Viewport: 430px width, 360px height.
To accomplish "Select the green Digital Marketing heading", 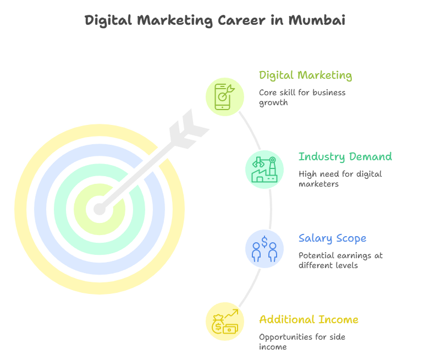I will click(x=305, y=75).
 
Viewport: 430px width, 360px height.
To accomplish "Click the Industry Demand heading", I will click(x=345, y=157).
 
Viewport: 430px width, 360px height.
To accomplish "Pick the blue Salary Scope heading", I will click(x=332, y=238).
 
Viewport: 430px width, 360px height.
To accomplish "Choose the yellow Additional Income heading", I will click(x=308, y=320).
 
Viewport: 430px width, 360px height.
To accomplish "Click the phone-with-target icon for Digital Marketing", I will click(x=224, y=96).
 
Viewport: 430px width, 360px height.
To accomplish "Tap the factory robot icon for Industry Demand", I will click(x=264, y=170).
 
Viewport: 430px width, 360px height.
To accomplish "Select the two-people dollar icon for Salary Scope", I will click(x=264, y=249).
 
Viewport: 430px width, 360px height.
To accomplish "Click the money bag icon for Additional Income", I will click(x=224, y=322).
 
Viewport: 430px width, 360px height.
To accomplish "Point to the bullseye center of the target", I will click(x=99, y=209).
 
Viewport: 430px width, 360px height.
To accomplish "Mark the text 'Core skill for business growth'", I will click(x=302, y=97).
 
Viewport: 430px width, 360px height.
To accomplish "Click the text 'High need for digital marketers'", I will click(x=340, y=179).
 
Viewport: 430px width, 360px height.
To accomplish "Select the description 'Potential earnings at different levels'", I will click(x=340, y=260).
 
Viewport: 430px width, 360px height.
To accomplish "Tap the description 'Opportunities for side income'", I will click(x=302, y=342).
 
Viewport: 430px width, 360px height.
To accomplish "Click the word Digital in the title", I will click(x=108, y=21).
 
